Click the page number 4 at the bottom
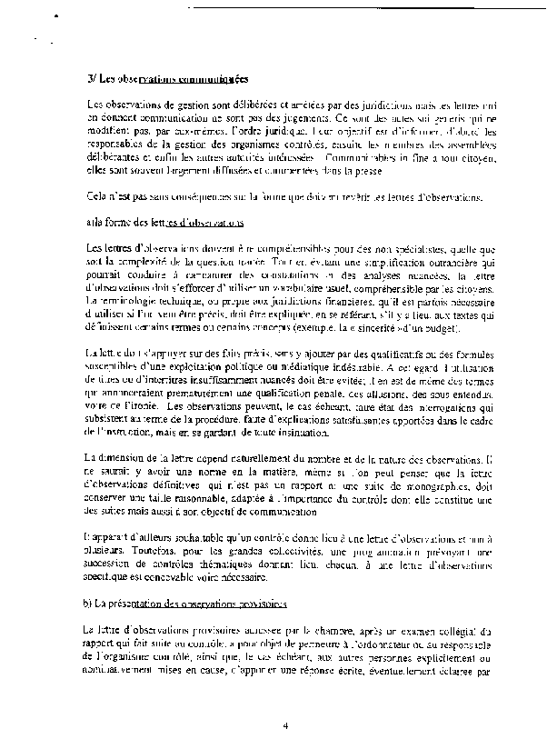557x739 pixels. [x=284, y=725]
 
